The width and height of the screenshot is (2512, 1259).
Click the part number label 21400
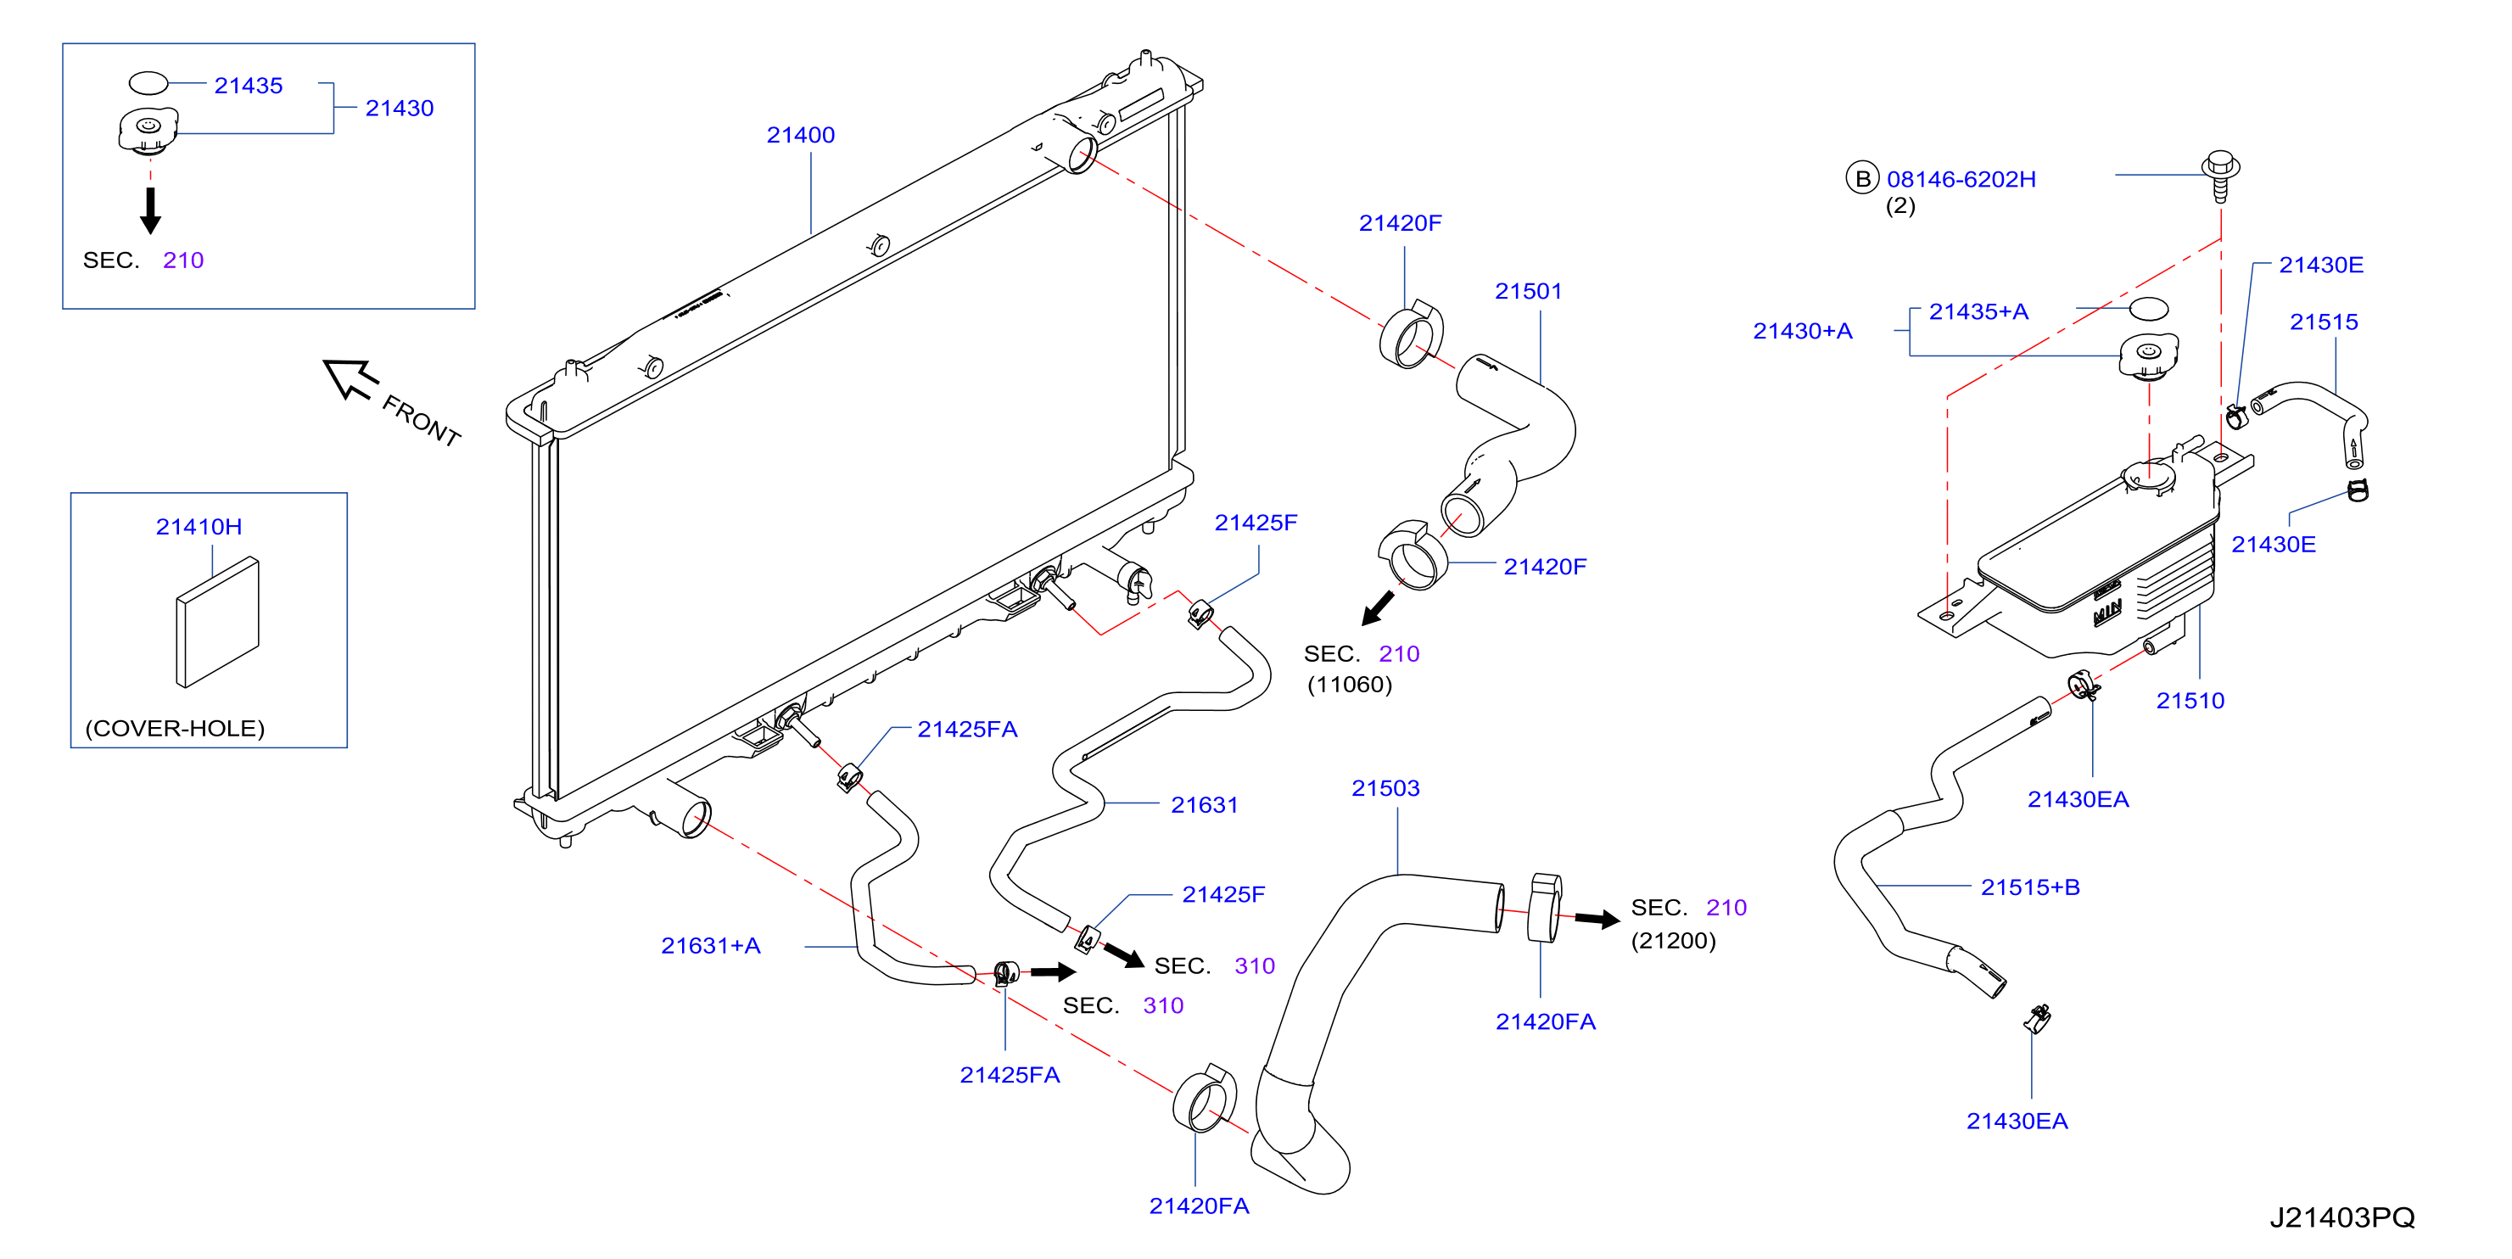tap(801, 135)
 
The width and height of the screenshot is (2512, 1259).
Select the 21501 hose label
tap(1528, 291)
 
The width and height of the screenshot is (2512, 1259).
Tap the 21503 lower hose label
tap(1385, 788)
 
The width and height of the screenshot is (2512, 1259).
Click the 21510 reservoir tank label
tap(2190, 700)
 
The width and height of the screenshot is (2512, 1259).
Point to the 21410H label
tap(199, 527)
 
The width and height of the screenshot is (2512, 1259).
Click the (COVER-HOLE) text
tap(176, 729)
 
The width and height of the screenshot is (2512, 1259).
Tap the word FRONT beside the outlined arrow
tap(422, 420)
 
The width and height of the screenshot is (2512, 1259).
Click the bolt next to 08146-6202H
tap(2220, 176)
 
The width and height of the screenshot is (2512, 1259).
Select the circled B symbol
tap(1862, 178)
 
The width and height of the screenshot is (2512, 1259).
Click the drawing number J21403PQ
tap(2342, 1217)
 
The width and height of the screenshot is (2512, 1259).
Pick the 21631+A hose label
tap(711, 945)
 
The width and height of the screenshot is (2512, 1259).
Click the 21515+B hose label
tap(2030, 887)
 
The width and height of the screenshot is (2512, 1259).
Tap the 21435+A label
tap(1978, 311)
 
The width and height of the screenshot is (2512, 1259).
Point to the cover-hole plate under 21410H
tap(217, 622)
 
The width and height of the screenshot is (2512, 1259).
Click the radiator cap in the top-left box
tap(148, 131)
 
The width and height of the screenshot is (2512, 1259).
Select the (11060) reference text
tap(1350, 685)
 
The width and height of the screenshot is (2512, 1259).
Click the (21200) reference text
tap(1673, 940)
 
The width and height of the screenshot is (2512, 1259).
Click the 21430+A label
tap(1803, 331)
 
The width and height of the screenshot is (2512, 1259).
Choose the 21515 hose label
tap(2324, 322)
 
